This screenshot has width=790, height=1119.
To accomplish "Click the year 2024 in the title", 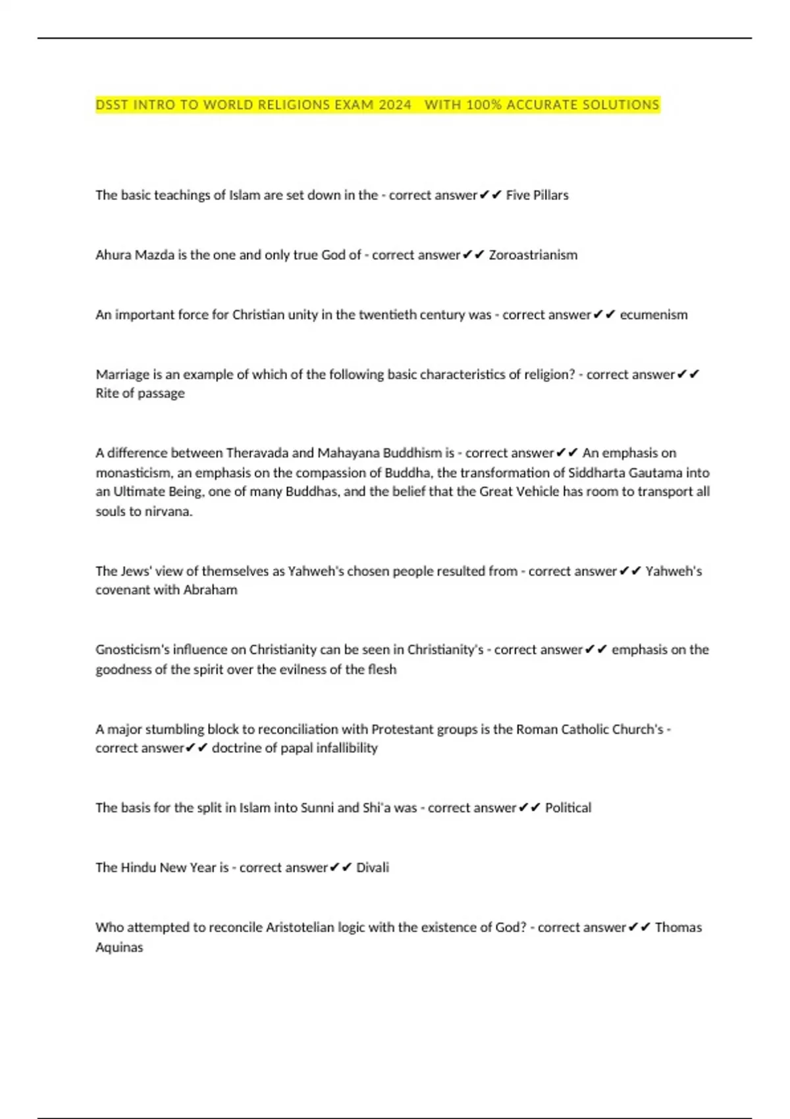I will point(395,105).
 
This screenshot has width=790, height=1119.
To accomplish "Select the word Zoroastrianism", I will point(533,255).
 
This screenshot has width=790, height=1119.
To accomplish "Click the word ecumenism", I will point(653,315).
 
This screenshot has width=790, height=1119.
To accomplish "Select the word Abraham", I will point(210,590).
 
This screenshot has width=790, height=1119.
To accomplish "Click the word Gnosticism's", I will point(134,650).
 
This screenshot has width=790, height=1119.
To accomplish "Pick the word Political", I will point(567,808).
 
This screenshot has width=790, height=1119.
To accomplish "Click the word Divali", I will point(372,868).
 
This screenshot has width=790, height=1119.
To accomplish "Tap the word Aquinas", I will point(119,947).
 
